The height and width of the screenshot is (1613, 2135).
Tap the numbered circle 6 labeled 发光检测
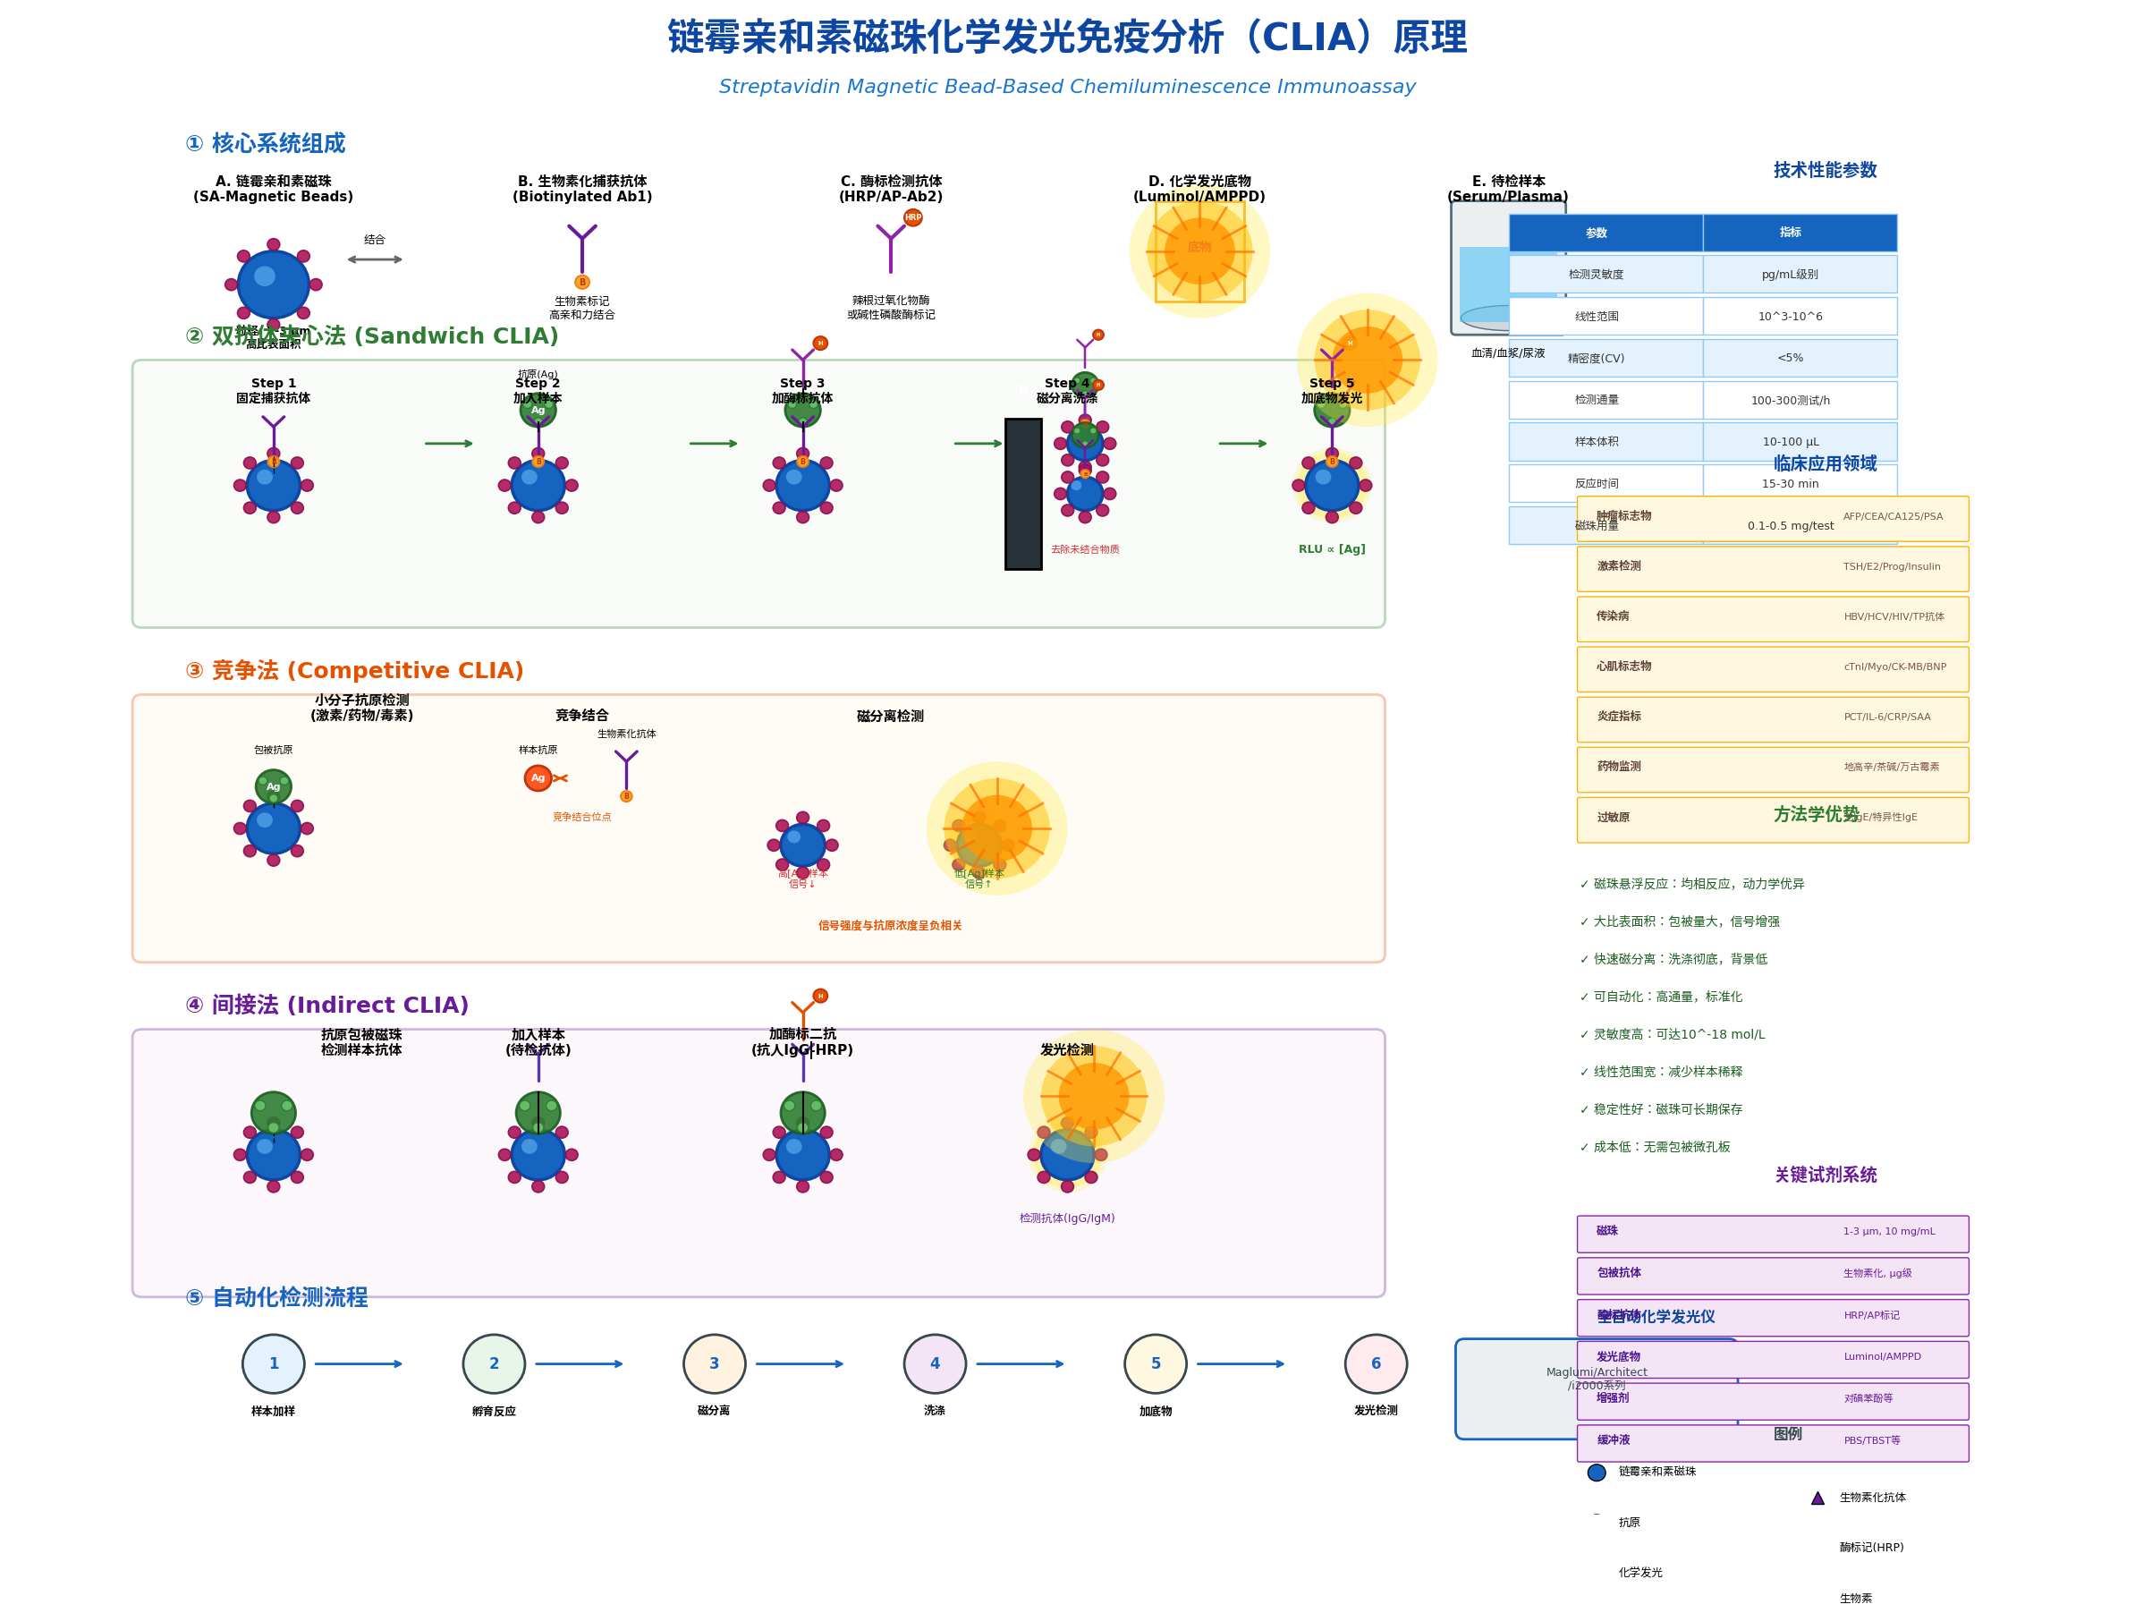click(1376, 1363)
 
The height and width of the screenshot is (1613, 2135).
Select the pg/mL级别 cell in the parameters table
click(1790, 274)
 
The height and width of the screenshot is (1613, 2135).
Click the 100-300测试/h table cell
click(1790, 400)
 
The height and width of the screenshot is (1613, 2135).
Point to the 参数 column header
click(1597, 233)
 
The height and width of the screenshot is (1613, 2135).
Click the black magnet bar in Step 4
click(1023, 493)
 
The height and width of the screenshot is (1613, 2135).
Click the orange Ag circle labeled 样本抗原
click(538, 778)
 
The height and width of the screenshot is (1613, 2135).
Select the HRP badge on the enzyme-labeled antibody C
click(912, 217)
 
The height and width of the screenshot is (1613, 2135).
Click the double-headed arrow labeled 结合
click(375, 259)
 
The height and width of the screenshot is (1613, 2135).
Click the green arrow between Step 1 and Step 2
click(449, 443)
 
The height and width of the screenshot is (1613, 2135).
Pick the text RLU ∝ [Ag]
click(1331, 549)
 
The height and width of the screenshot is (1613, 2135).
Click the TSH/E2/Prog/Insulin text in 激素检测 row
click(1891, 566)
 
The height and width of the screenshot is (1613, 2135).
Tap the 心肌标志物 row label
click(1623, 666)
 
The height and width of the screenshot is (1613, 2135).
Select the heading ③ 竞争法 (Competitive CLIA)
click(354, 670)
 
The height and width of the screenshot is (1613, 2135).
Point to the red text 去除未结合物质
click(1085, 549)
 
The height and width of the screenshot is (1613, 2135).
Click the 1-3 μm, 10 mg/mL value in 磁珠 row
click(1888, 1231)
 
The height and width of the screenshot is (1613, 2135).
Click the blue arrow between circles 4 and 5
click(1020, 1363)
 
